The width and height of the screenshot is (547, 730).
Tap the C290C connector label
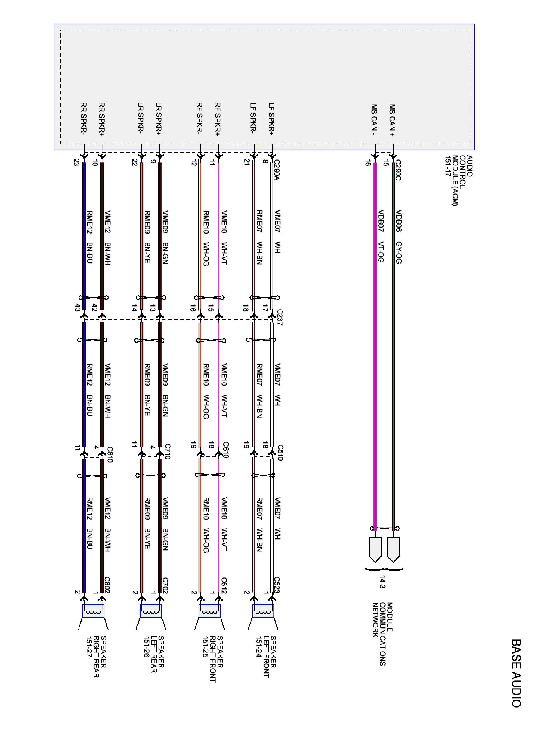point(398,170)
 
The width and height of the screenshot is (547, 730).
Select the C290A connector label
point(277,170)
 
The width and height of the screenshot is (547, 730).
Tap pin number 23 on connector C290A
point(77,163)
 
